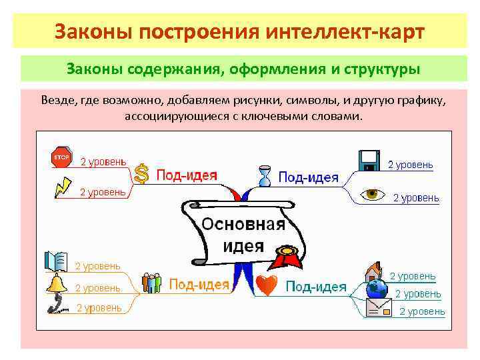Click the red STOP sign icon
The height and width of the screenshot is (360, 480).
click(x=61, y=158)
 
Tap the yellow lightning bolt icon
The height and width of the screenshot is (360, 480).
click(x=62, y=186)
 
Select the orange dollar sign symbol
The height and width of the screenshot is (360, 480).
click(x=141, y=174)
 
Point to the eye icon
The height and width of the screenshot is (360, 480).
click(x=373, y=194)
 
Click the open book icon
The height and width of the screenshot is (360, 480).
click(x=56, y=261)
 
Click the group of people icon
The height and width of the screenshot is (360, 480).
click(x=151, y=283)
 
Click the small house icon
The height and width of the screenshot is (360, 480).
click(x=373, y=272)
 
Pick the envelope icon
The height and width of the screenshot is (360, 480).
click(x=378, y=307)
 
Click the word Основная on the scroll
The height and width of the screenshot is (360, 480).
click(x=243, y=224)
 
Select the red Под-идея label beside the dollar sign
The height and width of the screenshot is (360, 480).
click(x=187, y=175)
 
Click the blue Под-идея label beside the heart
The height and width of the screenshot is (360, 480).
click(x=316, y=287)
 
